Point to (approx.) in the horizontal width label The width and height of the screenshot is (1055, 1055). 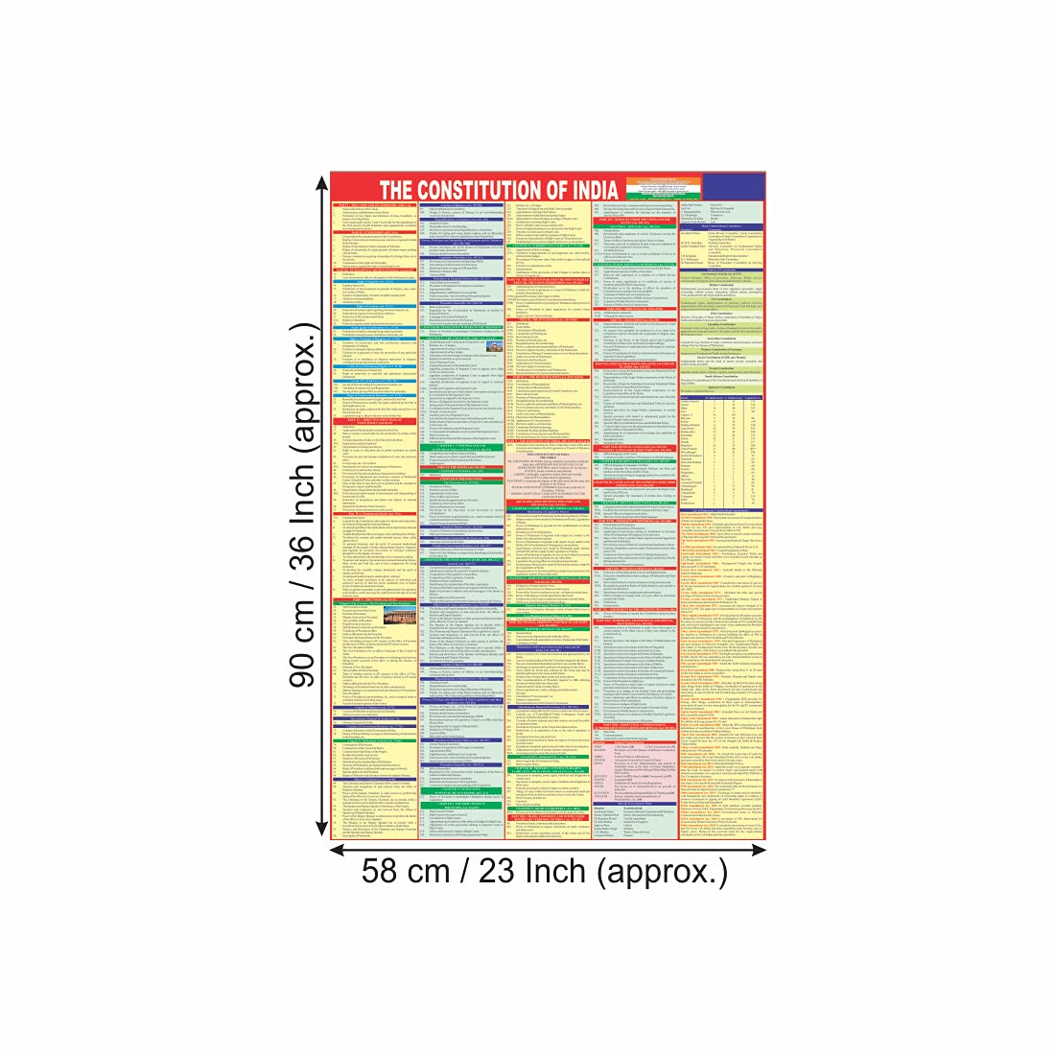[662, 872]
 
